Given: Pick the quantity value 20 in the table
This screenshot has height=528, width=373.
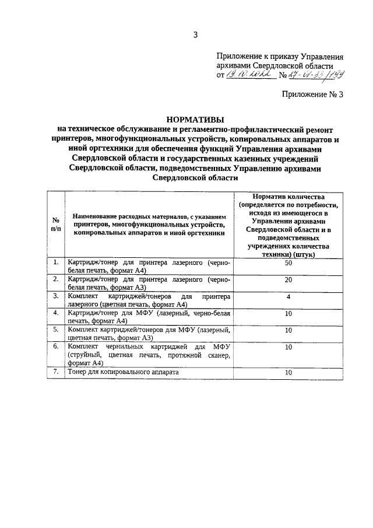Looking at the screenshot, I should click(x=288, y=279).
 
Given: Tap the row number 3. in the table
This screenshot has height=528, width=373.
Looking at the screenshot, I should click(x=56, y=296).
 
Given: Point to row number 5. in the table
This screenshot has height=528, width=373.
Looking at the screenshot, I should click(x=56, y=330).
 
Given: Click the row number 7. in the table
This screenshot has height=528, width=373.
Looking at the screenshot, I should click(x=56, y=372).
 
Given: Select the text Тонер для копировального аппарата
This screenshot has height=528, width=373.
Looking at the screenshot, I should click(x=123, y=372).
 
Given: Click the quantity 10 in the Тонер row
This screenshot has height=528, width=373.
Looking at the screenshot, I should click(x=288, y=372).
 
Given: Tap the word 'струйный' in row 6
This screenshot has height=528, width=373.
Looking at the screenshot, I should click(x=83, y=355).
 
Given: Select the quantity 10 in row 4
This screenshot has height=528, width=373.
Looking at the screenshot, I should click(x=288, y=313).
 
